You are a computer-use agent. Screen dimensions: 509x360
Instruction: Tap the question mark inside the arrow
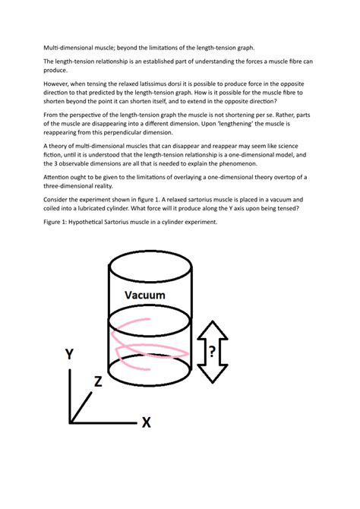[x=213, y=352]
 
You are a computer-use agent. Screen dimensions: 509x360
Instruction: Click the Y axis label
[x=69, y=353]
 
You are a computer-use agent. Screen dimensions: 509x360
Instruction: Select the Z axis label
[x=98, y=382]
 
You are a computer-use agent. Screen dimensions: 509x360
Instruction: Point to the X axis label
[x=146, y=422]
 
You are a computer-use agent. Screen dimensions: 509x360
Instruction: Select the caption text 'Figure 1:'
[x=58, y=223]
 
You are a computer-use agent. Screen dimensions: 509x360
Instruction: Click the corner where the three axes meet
[x=71, y=421]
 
